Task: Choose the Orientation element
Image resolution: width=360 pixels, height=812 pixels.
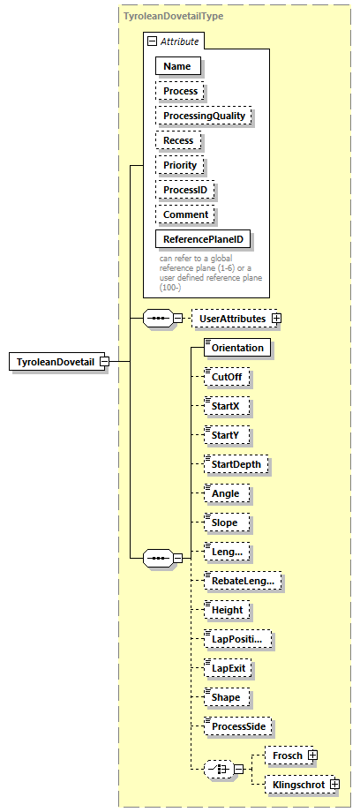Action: click(x=236, y=348)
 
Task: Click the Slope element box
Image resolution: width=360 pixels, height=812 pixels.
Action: click(x=225, y=523)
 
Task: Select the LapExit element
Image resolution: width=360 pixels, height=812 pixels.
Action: click(x=228, y=668)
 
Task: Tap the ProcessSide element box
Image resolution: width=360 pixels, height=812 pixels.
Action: click(x=236, y=726)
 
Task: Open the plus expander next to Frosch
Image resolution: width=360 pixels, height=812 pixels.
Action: click(x=312, y=756)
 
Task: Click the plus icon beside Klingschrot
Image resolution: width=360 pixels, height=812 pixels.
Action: click(x=334, y=784)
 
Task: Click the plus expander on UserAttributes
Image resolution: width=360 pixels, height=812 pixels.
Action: click(x=276, y=318)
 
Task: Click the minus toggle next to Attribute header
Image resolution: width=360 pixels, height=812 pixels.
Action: click(x=153, y=41)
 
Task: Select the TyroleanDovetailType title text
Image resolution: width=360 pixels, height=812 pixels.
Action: click(x=173, y=16)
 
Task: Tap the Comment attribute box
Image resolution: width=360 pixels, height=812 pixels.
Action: click(x=185, y=214)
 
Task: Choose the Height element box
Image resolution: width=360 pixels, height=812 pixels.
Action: click(x=227, y=610)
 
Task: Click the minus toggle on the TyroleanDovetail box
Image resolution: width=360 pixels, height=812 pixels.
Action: click(x=104, y=363)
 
